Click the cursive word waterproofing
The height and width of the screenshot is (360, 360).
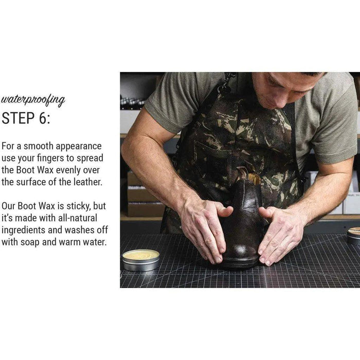33,100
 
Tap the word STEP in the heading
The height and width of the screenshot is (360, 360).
18,118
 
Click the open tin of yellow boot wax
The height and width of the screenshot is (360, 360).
141,260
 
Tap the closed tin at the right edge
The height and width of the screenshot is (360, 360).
353,236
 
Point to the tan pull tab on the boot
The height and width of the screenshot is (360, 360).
254,178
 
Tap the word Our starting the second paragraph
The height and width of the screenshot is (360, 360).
8,206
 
